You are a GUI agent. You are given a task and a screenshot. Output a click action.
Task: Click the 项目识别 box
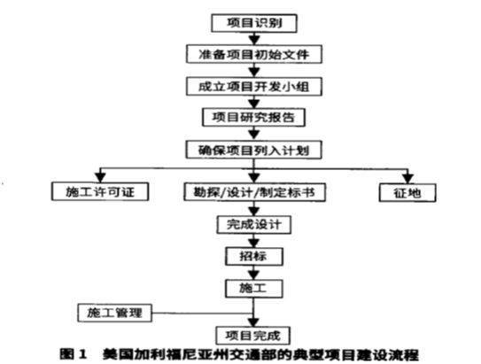click(254, 23)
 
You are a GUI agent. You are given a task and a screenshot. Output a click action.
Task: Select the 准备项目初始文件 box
click(254, 54)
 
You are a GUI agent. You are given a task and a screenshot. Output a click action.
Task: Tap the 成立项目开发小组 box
click(254, 87)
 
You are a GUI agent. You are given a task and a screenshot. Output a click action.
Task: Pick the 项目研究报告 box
click(253, 117)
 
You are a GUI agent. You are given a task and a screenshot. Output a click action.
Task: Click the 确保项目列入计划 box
click(253, 150)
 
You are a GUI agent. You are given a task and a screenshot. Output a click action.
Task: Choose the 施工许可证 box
click(100, 191)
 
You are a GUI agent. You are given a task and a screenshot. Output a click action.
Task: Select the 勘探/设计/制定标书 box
click(254, 192)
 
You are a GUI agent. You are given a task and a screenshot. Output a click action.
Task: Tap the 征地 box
click(407, 192)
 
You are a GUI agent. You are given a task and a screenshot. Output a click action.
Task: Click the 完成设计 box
click(253, 225)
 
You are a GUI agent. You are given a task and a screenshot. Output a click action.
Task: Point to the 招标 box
click(253, 256)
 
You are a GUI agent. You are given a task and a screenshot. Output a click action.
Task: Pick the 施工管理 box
click(115, 313)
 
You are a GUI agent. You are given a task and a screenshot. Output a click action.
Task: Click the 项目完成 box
click(253, 336)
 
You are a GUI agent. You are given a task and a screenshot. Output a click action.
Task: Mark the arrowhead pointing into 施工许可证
click(100, 178)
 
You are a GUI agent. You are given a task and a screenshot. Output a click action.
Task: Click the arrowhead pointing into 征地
click(407, 179)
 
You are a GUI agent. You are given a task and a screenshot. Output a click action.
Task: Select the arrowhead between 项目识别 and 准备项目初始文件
click(254, 40)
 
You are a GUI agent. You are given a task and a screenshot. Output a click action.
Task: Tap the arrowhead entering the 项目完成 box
click(253, 322)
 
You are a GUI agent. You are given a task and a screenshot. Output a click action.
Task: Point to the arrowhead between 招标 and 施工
click(253, 275)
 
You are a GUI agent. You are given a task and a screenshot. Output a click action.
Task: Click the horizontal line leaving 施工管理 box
click(203, 314)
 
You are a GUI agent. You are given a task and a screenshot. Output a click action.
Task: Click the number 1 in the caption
click(82, 354)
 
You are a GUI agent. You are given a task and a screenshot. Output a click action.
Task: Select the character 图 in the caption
click(66, 354)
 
